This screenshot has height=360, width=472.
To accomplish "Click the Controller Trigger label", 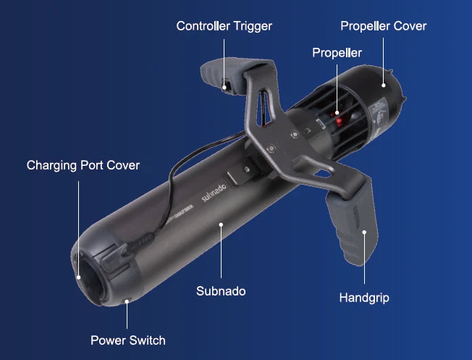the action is [224, 26].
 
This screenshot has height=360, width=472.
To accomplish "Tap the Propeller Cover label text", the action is [384, 26].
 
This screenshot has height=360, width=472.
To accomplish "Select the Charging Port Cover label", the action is [83, 165].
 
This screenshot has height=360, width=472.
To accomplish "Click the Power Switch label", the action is [128, 340].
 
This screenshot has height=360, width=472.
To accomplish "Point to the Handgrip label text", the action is [364, 298].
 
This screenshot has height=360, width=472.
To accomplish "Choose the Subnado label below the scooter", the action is [221, 291].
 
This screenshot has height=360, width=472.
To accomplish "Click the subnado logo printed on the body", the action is [214, 193].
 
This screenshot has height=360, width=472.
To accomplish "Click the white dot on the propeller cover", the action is [384, 85].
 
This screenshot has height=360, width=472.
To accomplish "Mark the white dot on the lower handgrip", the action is [364, 232].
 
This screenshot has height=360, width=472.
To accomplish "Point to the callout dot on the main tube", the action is [221, 225].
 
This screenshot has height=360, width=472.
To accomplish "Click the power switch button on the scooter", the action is [127, 301].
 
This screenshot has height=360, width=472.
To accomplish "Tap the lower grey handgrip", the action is [353, 223].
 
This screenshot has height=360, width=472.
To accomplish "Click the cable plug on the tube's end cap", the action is [138, 243].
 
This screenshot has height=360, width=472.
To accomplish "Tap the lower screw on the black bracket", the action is [271, 148].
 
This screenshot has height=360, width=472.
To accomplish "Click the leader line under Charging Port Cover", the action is [79, 229].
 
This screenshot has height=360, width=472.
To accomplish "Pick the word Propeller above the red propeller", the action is [337, 53].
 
